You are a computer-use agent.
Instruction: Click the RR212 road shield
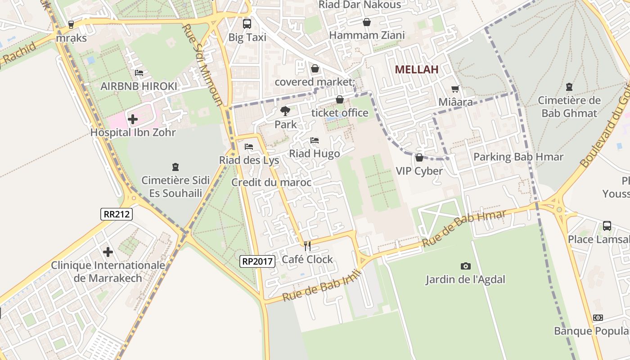click(117, 214)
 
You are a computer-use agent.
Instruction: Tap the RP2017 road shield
click(257, 261)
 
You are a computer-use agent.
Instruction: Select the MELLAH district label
click(417, 69)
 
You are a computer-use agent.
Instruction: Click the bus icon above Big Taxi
click(247, 23)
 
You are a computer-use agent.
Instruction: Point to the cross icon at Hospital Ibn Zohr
click(132, 119)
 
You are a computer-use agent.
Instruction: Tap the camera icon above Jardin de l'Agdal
click(466, 266)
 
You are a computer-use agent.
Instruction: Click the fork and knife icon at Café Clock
click(307, 246)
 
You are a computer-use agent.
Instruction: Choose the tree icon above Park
click(285, 111)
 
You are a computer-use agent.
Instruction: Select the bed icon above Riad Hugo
click(315, 141)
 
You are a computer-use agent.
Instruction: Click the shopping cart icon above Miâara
click(455, 89)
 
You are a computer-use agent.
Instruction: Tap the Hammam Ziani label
click(367, 35)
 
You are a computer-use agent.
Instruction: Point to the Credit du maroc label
click(271, 182)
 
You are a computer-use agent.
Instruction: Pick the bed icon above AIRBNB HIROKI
click(139, 73)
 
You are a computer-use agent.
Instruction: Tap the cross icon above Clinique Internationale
click(108, 252)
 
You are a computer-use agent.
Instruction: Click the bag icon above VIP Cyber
click(419, 157)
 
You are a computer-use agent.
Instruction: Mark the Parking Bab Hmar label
click(518, 157)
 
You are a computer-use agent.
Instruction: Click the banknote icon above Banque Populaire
click(598, 318)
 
